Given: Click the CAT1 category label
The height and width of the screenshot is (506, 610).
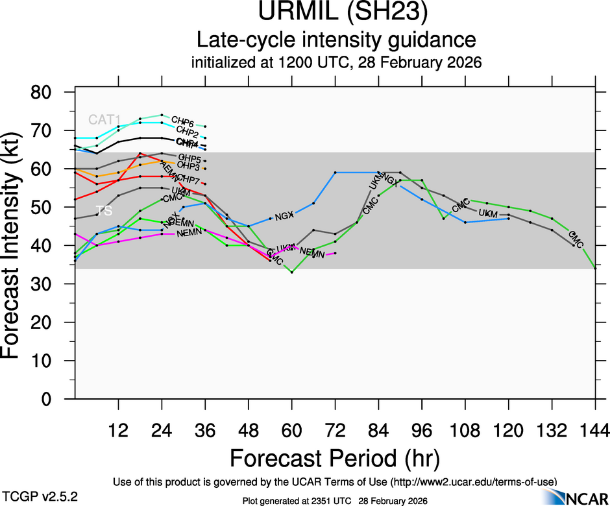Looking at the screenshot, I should point(104,120).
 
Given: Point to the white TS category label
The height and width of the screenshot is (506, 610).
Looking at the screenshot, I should point(104,211).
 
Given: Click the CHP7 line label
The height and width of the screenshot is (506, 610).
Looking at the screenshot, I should point(188,178).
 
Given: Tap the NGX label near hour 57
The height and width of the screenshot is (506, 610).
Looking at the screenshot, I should point(285,216).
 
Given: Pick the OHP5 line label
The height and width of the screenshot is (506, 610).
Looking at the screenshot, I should point(189,158).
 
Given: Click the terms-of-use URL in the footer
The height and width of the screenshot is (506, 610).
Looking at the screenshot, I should point(474,481).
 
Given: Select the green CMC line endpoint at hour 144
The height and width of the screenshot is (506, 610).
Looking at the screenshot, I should point(595,268).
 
